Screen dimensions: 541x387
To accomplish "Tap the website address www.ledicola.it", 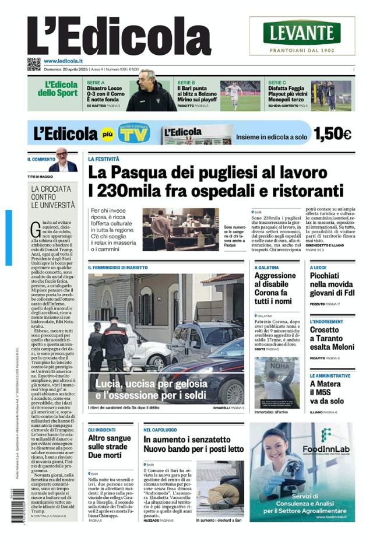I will (63, 61).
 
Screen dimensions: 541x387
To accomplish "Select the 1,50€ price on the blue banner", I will (332, 134).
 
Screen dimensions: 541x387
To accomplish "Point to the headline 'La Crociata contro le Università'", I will (53, 197).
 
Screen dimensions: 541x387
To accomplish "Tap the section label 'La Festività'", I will (104, 159).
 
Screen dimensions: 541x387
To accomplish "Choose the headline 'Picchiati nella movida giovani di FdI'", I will (332, 284).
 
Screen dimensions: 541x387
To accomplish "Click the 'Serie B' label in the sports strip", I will (187, 83).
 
